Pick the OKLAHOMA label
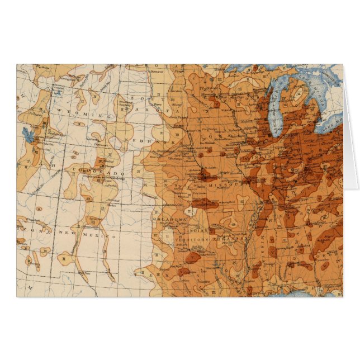tap(170, 220)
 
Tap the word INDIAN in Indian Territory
tap(198, 230)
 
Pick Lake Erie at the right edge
tap(335, 120)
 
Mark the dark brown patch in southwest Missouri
tap(205, 203)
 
